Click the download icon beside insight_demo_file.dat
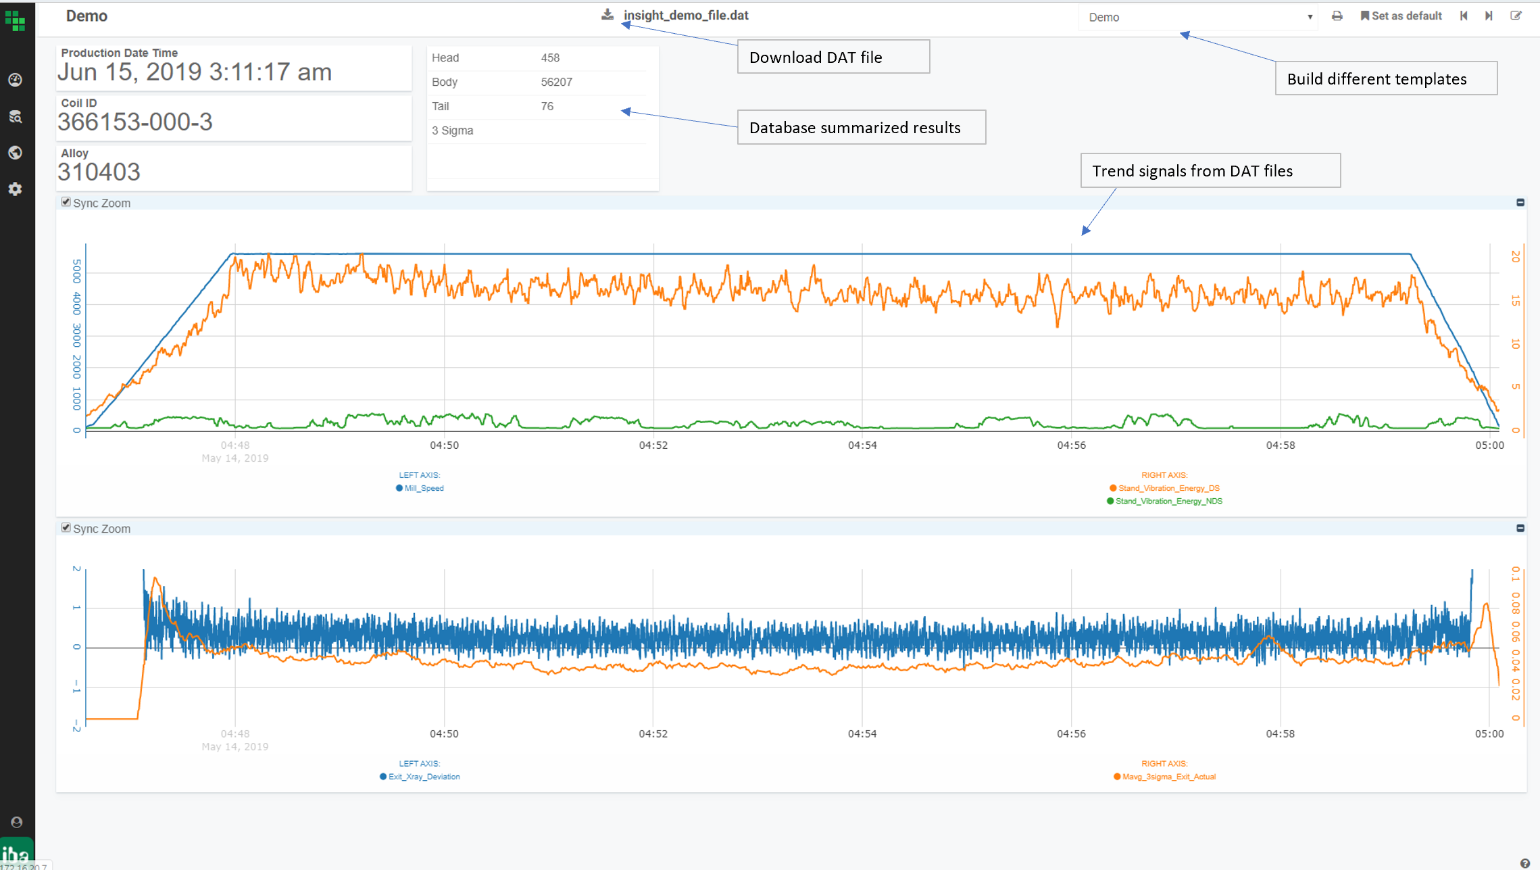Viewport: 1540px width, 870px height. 607,15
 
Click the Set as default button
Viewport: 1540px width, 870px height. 1401,16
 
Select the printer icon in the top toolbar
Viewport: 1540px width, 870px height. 1337,16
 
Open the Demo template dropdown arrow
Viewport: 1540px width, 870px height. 1310,17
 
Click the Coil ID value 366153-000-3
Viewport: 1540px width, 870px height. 135,122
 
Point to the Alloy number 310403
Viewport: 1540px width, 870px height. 99,172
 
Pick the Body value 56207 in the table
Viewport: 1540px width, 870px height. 556,82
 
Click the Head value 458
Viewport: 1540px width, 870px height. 550,58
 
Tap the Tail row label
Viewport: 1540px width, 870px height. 441,107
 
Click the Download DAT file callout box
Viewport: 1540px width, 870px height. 833,57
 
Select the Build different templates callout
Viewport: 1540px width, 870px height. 1385,79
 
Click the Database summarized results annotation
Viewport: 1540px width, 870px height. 861,128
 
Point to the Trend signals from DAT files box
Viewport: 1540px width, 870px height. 1210,171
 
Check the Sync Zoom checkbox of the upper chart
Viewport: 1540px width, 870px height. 66,202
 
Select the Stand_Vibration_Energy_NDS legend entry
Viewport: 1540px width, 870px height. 1168,502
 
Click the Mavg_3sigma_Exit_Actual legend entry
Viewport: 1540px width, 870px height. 1168,777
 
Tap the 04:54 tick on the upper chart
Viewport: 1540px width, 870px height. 862,445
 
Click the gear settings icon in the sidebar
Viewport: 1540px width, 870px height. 16,189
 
